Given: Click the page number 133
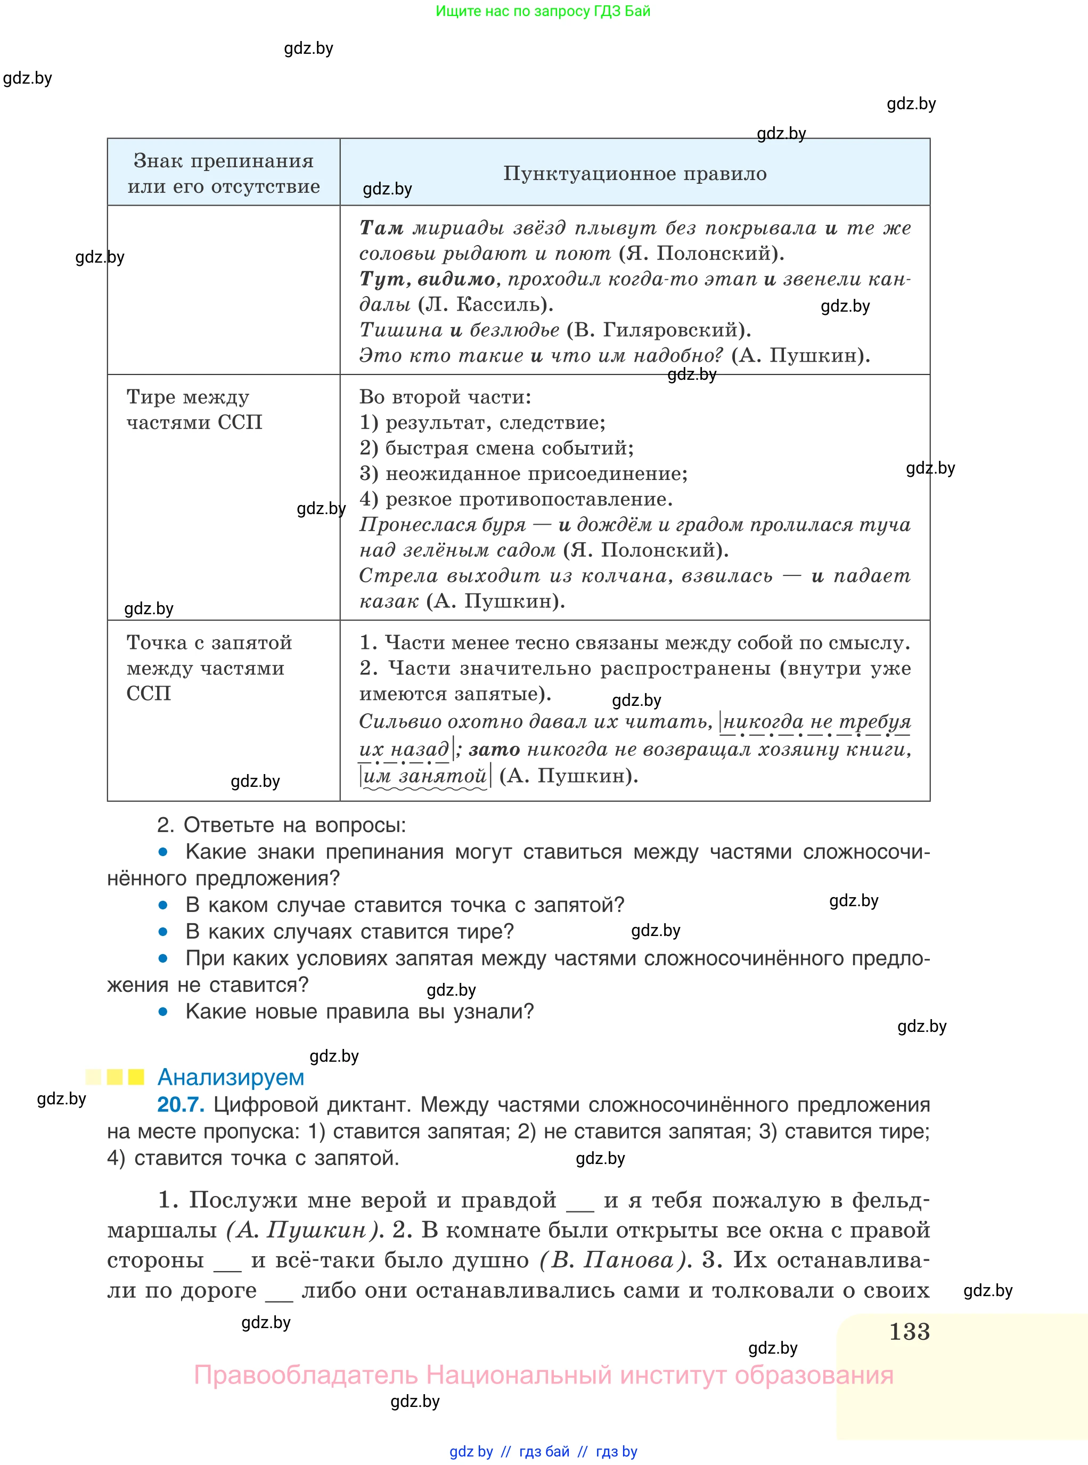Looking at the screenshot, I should pyautogui.click(x=909, y=1331).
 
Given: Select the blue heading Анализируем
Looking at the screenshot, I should pyautogui.click(x=231, y=1077).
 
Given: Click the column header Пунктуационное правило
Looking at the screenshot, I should pyautogui.click(x=635, y=173).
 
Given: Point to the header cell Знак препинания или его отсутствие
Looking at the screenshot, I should pyautogui.click(x=224, y=173).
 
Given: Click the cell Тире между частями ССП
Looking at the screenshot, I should pyautogui.click(x=194, y=409).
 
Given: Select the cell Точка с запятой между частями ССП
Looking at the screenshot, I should pyautogui.click(x=209, y=668).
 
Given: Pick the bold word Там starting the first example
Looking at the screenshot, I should pyautogui.click(x=381, y=228).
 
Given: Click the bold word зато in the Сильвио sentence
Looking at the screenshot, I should pyautogui.click(x=494, y=749).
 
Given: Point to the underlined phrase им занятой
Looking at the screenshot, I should pyautogui.click(x=425, y=776).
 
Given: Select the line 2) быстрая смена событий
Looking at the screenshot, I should pyautogui.click(x=496, y=448).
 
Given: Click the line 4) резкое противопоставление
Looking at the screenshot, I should pyautogui.click(x=516, y=499).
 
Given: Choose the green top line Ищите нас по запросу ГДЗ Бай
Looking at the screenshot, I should pyautogui.click(x=543, y=11).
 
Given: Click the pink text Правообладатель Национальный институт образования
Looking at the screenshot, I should pyautogui.click(x=543, y=1376).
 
